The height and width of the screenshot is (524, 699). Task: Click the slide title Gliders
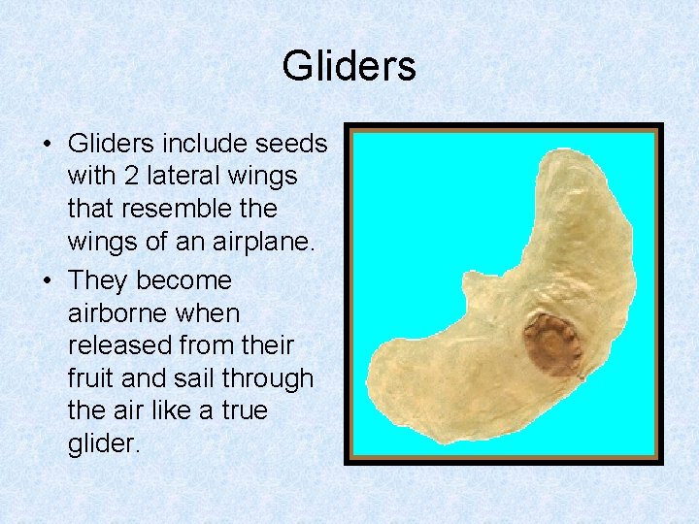click(349, 66)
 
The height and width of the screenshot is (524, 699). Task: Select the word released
click(124, 346)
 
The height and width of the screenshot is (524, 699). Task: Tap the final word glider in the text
click(102, 444)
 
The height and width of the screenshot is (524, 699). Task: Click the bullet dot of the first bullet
click(47, 145)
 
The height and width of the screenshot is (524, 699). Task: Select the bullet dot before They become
click(47, 281)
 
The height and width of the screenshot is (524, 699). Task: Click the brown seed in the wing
click(553, 344)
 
